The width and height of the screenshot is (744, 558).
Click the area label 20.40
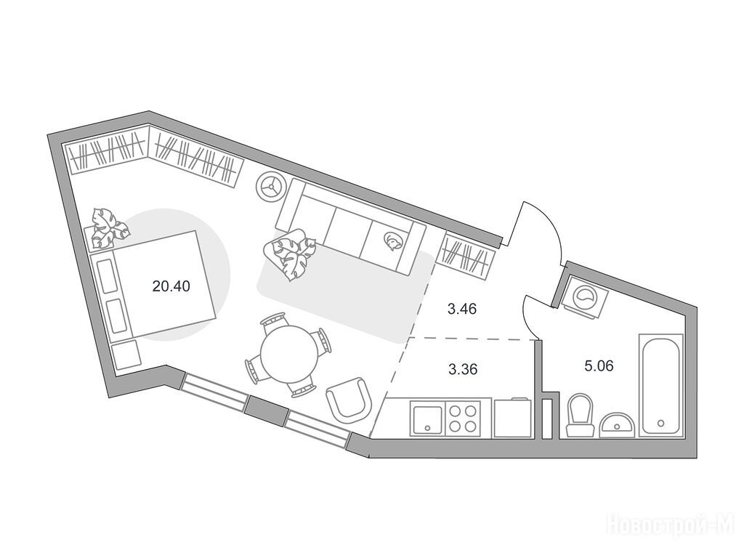171,286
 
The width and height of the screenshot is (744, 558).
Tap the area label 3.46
461,310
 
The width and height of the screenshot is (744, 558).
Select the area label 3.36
461,368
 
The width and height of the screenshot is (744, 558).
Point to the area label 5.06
599,365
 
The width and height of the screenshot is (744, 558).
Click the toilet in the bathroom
580,416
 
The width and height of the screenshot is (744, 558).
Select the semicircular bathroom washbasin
618,424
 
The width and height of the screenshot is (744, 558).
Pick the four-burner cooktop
463,418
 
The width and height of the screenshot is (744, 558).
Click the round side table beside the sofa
271,187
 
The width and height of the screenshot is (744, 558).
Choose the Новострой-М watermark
671,523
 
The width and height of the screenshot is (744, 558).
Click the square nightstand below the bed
127,355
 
